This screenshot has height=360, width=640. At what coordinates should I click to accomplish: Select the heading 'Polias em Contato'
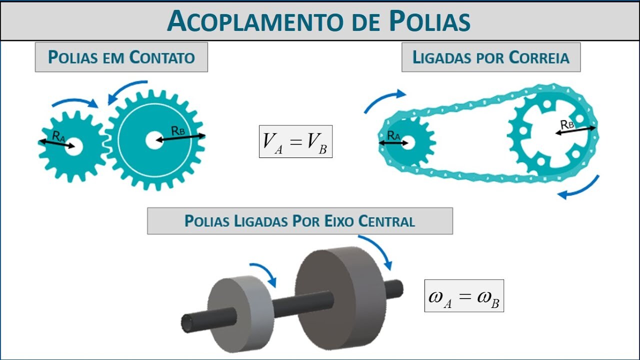(x=121, y=57)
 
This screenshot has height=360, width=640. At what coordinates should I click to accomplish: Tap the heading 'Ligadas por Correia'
(x=490, y=57)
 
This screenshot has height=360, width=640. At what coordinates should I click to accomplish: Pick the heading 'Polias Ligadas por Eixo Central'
(x=299, y=221)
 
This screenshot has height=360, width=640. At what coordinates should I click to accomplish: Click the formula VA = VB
(x=295, y=141)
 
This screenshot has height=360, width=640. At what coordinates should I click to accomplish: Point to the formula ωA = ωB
(x=464, y=296)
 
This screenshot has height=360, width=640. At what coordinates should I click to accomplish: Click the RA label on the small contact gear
(x=58, y=135)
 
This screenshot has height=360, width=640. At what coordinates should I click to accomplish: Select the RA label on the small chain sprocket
(x=393, y=134)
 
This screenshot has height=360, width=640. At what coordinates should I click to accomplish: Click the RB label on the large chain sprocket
(x=567, y=124)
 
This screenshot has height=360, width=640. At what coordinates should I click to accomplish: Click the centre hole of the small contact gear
(x=74, y=146)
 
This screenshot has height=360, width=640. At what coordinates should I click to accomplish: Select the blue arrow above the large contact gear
(x=127, y=89)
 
